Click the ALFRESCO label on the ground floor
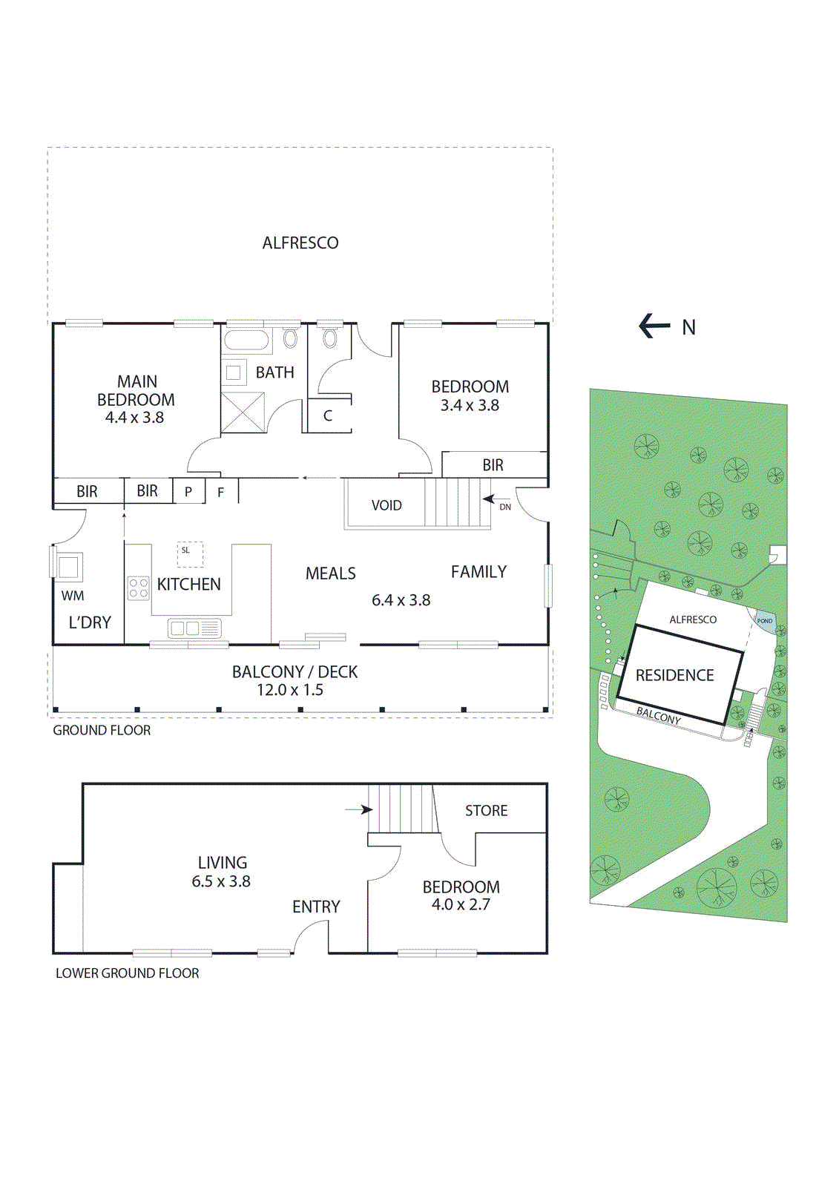300,243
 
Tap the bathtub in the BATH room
246,341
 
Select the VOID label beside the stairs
386,505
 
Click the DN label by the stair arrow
505,507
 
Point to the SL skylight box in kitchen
189,553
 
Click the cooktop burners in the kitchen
138,588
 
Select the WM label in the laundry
73,596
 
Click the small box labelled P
188,491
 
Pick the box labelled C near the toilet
328,416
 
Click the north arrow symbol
654,326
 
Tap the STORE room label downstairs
486,811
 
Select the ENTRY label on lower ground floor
316,907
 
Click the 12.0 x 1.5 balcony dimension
290,690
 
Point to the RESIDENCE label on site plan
674,675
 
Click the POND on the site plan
765,622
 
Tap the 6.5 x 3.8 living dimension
221,881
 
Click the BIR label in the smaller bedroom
493,465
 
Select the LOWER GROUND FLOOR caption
128,973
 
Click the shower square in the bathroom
243,412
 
